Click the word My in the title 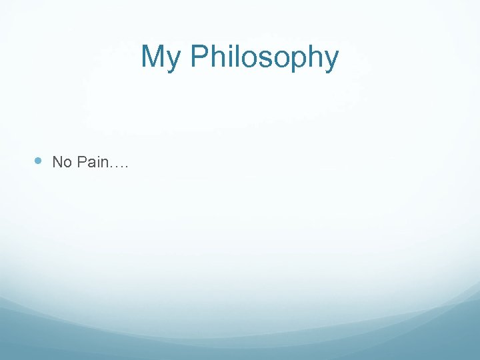161,58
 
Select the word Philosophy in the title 264,58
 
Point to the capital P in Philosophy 199,57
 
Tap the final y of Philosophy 331,61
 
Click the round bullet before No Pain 38,161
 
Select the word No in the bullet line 62,162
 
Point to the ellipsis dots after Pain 119,166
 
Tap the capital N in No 57,162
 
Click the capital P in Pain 81,162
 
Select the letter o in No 67,163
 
